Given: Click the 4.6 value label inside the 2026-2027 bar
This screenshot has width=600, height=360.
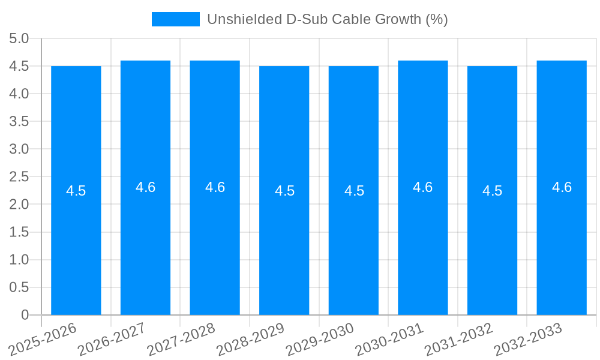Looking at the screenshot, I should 145,187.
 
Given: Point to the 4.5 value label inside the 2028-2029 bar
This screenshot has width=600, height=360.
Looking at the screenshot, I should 284,191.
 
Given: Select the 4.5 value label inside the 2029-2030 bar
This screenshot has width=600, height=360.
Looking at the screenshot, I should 354,191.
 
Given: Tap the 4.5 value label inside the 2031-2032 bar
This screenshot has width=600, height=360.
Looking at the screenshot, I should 492,191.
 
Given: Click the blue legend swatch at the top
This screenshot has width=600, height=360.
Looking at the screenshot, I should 175,19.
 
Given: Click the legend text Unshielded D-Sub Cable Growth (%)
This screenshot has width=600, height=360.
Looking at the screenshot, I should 327,19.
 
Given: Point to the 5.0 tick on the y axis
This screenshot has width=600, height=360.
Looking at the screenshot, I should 19,38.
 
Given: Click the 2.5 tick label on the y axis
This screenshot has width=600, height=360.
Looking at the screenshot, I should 19,176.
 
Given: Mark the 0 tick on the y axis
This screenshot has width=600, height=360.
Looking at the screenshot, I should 25,315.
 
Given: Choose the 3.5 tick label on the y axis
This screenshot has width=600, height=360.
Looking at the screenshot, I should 19,121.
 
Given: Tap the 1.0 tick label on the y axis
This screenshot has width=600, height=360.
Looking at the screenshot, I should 19,260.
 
